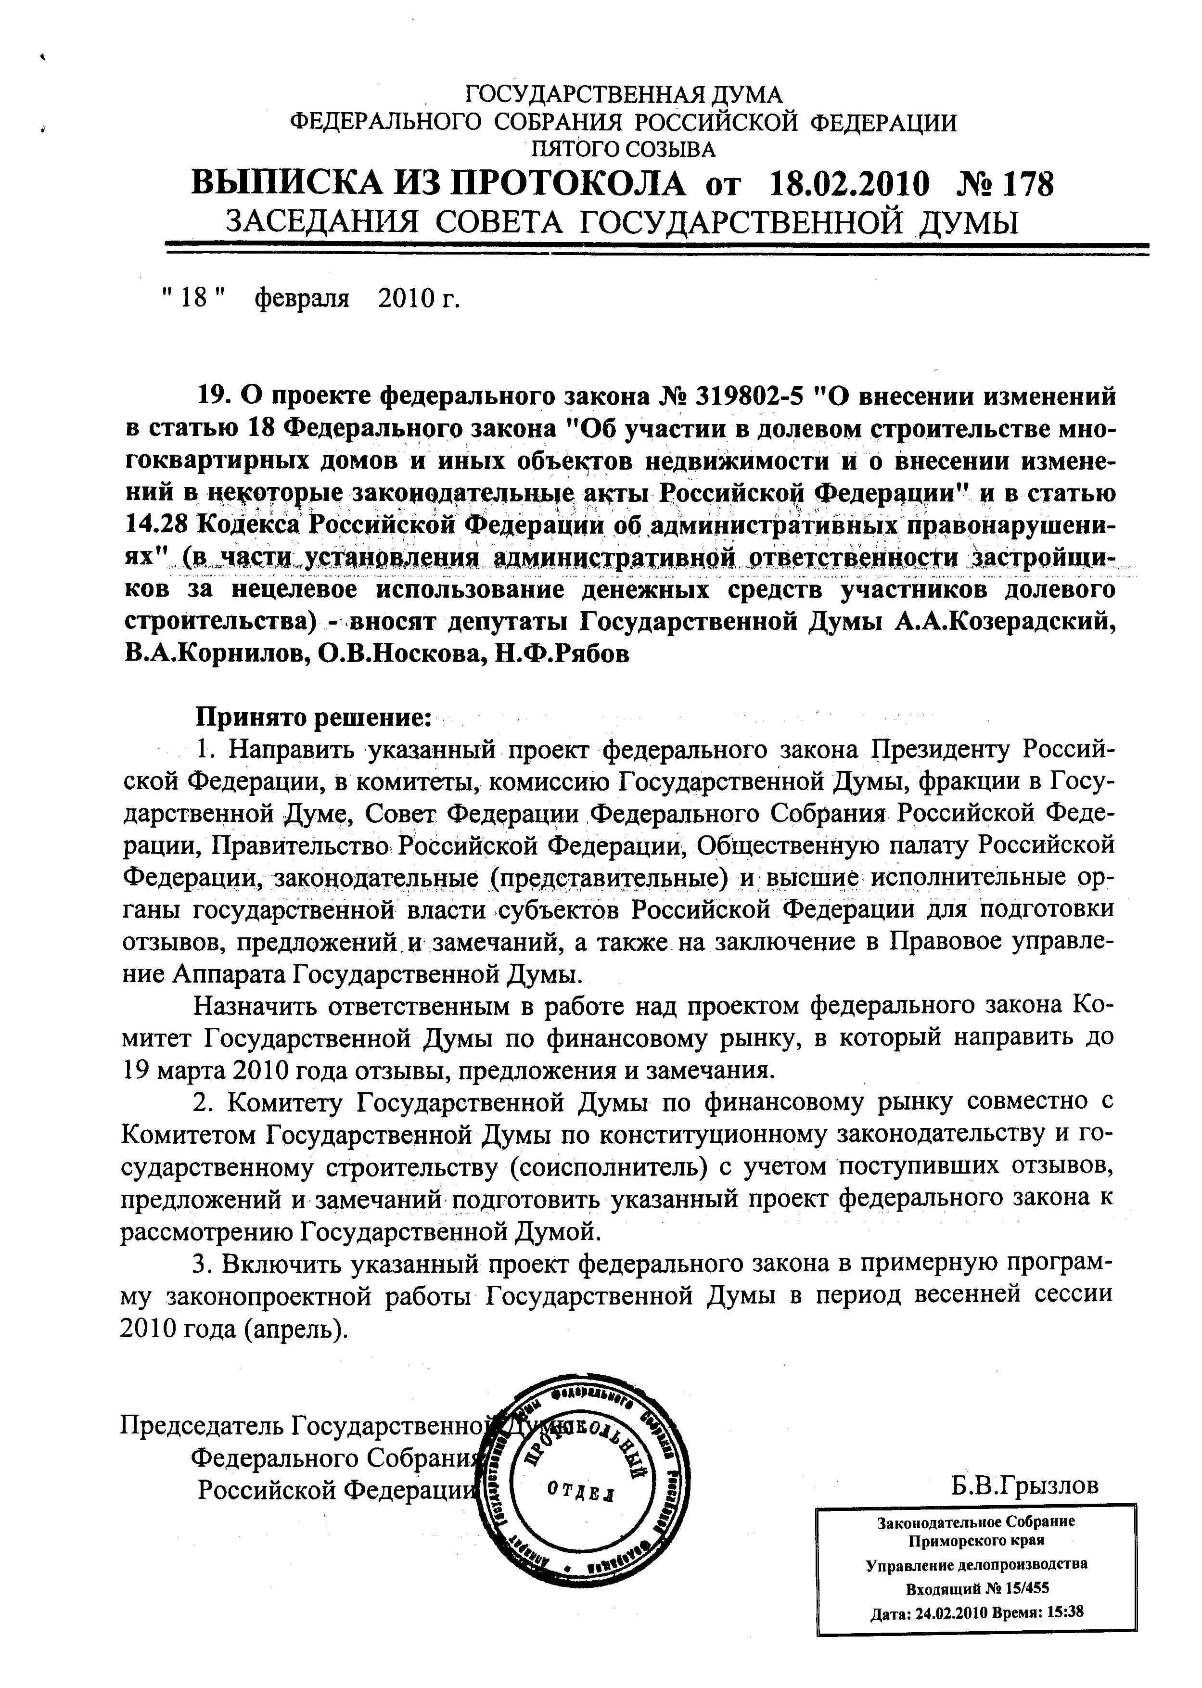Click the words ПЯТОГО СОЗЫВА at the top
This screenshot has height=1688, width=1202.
pyautogui.click(x=623, y=150)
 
